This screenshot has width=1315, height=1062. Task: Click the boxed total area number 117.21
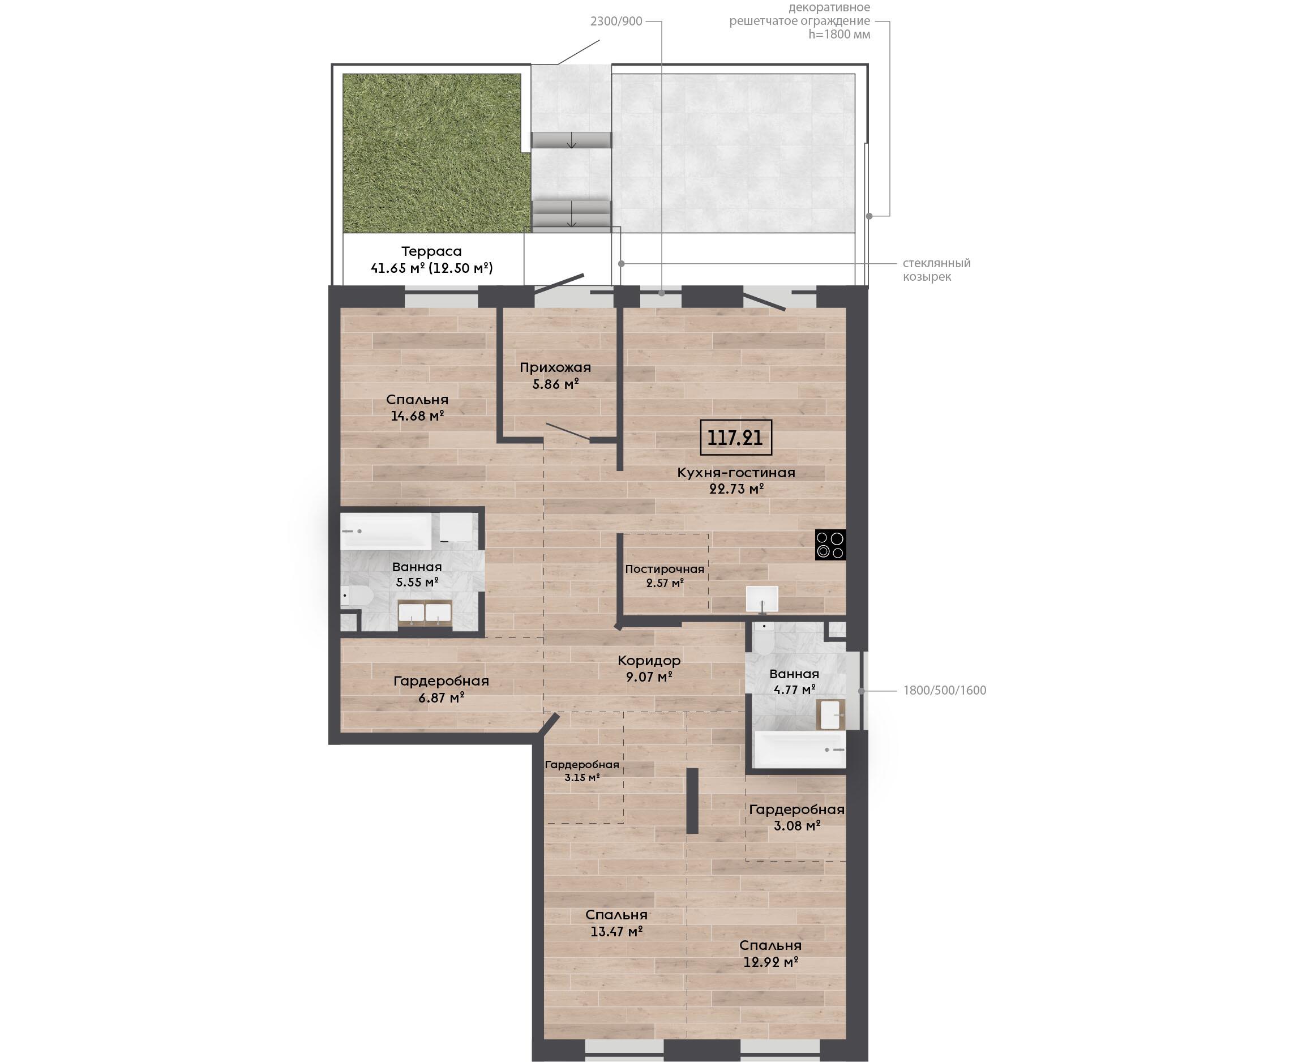(735, 438)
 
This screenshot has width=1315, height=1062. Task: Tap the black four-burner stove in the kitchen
(830, 545)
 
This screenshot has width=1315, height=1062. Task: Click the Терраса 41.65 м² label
(432, 259)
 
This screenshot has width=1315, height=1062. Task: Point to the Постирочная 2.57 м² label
(665, 576)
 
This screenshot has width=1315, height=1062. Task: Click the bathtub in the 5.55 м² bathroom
(387, 531)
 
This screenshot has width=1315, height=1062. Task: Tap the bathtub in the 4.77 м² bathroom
(800, 749)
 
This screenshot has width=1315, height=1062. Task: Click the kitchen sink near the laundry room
(762, 599)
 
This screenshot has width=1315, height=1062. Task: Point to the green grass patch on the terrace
(435, 153)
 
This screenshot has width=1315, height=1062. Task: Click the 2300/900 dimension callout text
(616, 22)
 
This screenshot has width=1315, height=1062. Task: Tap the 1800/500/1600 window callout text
(944, 690)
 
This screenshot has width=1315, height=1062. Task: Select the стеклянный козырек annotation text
(936, 270)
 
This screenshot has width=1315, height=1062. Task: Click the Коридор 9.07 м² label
(649, 669)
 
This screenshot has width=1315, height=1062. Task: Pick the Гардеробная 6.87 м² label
(441, 689)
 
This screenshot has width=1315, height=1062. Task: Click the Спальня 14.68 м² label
(417, 408)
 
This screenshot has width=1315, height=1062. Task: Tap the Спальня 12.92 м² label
(770, 953)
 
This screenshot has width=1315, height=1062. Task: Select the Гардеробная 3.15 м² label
(582, 771)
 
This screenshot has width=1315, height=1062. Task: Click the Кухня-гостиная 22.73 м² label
(736, 480)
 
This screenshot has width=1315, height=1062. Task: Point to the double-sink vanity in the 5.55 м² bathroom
(425, 613)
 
